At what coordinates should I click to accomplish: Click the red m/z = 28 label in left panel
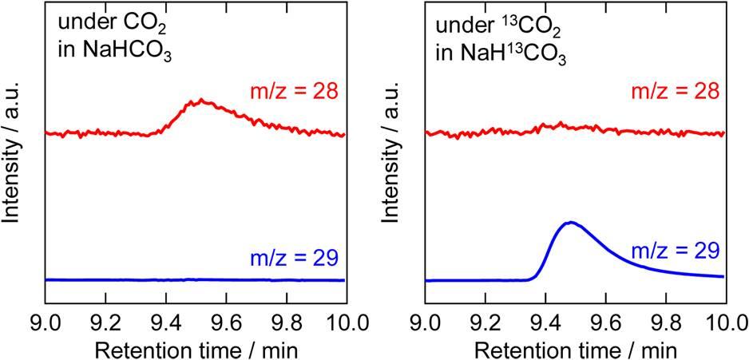pos(297,91)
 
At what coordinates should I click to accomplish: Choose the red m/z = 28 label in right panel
pos(676,91)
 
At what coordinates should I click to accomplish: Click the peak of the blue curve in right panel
pos(569,222)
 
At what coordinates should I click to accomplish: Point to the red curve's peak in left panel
pos(203,101)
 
